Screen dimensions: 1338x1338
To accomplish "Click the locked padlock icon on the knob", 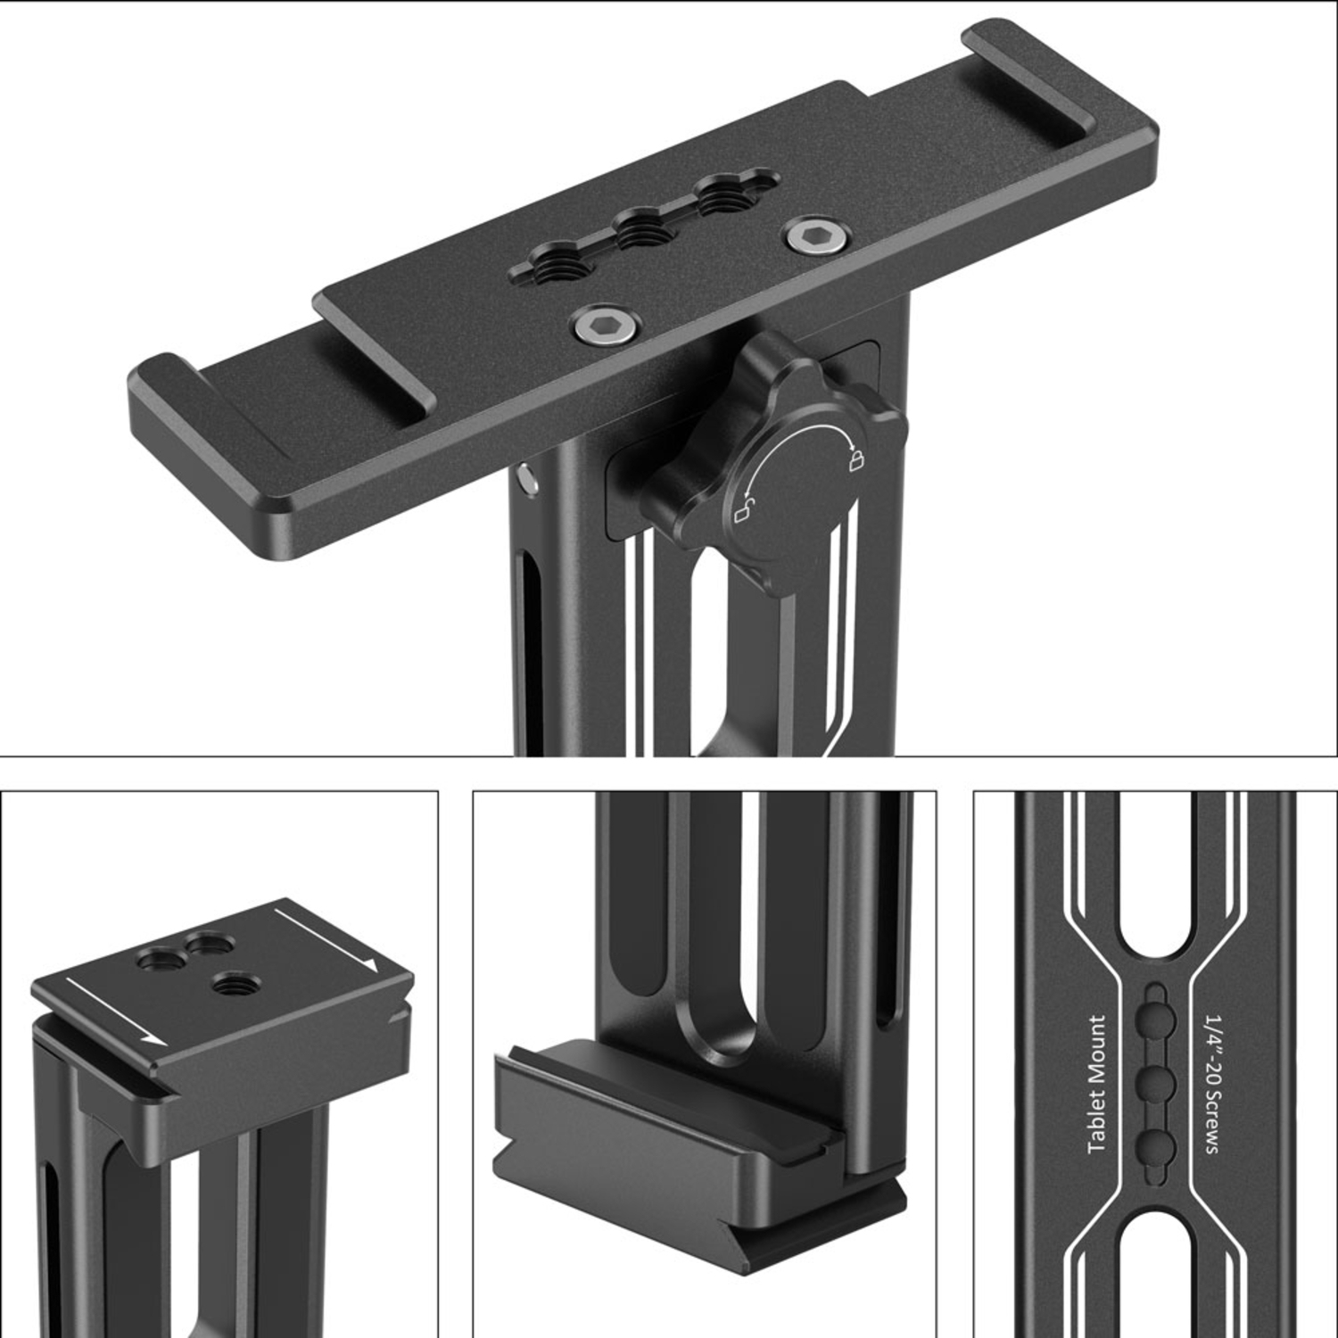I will [x=855, y=459].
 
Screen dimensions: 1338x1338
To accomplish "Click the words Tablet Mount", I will [x=1096, y=1083].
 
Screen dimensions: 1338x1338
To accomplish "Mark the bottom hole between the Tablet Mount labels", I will [x=1156, y=1145].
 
